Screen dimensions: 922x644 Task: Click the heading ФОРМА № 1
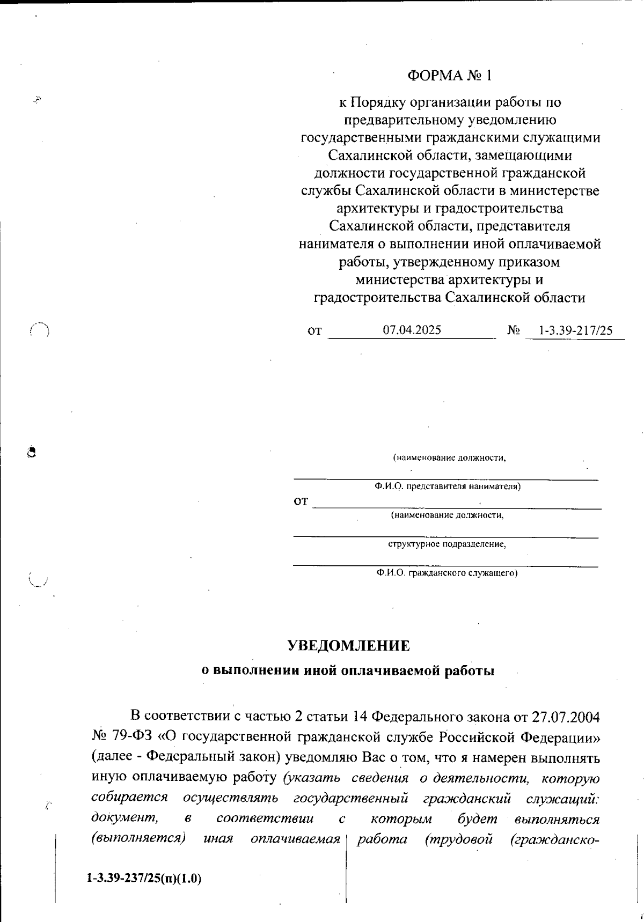(449, 76)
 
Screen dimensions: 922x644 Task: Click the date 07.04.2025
(412, 330)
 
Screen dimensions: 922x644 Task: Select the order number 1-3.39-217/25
(576, 331)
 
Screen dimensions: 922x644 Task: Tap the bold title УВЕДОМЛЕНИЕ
(348, 646)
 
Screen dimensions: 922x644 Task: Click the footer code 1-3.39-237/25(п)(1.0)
(143, 879)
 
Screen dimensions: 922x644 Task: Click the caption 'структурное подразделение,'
(447, 544)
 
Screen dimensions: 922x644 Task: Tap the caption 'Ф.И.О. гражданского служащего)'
(447, 573)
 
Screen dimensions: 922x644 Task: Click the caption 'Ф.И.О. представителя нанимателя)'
(448, 487)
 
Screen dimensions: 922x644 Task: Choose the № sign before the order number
(513, 331)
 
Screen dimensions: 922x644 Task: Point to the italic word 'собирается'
(129, 798)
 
